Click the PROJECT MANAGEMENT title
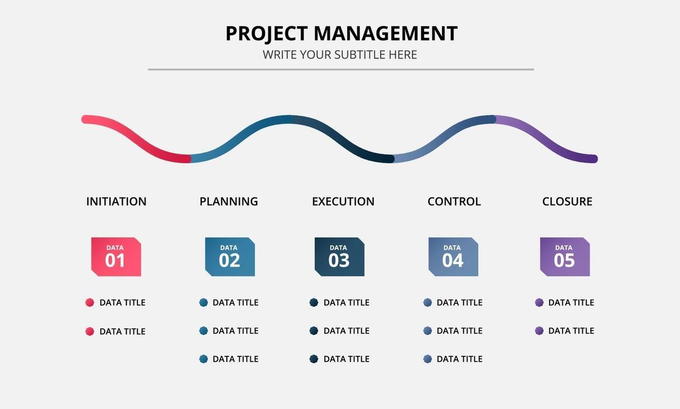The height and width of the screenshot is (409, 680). (341, 33)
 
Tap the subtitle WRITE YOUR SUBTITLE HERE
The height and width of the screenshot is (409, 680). (340, 55)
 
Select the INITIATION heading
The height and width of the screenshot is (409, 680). (116, 202)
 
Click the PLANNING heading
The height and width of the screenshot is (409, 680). (229, 202)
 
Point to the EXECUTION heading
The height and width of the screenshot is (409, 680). (343, 202)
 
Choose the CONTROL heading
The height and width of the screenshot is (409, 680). (454, 202)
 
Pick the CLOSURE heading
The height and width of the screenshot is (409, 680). (567, 202)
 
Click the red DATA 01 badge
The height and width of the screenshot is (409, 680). (116, 257)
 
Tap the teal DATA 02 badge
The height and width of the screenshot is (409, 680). (230, 257)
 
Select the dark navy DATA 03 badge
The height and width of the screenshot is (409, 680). (339, 257)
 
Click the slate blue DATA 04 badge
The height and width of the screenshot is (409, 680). (453, 257)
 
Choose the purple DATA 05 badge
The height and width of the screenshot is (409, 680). (565, 257)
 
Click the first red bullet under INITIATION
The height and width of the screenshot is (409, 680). (89, 303)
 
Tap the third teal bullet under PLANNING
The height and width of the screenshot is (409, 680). (203, 359)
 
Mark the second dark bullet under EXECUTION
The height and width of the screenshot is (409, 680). (314, 331)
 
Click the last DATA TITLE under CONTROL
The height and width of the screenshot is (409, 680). (460, 359)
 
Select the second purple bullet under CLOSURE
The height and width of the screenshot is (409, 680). (539, 331)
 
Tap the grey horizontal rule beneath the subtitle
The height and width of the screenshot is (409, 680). (340, 69)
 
